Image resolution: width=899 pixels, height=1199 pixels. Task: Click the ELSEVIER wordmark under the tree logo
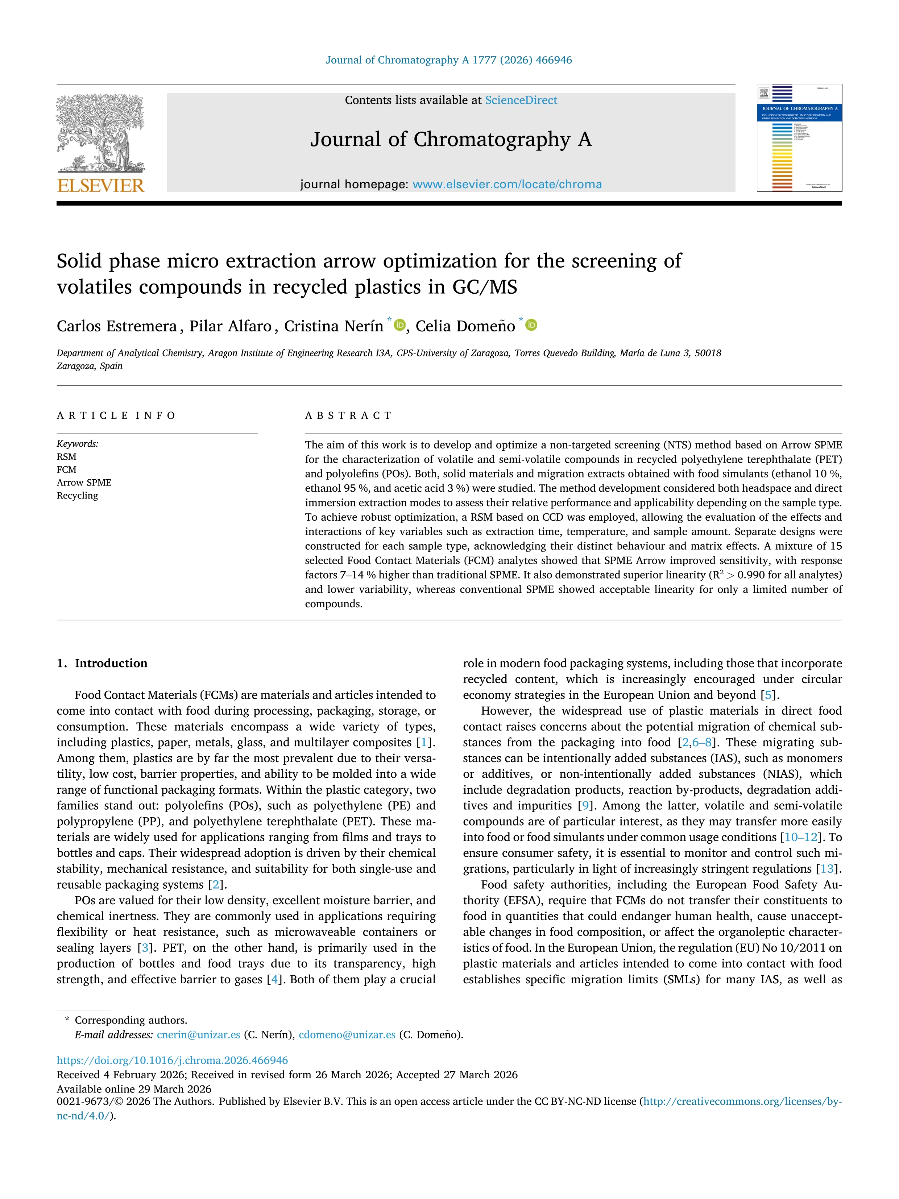tap(101, 186)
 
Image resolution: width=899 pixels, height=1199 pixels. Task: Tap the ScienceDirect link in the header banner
tap(521, 100)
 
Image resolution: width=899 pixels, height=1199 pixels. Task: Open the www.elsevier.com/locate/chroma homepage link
tap(507, 184)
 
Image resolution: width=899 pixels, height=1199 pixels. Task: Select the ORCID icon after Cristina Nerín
tap(400, 325)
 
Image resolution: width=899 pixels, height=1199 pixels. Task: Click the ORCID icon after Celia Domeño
tap(531, 325)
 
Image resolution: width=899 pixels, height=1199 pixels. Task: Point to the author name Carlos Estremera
tap(116, 326)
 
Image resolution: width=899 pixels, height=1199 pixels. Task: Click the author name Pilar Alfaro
tap(230, 326)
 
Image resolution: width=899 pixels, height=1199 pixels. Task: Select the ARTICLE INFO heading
tap(116, 416)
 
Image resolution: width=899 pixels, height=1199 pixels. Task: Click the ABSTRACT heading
tap(348, 416)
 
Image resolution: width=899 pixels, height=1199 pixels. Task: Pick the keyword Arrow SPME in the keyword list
tap(84, 483)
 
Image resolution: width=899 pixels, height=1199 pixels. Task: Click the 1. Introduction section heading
tap(102, 663)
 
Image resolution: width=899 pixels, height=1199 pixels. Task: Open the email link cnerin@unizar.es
tap(198, 1035)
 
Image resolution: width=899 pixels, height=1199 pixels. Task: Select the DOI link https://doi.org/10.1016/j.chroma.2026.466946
tap(172, 1060)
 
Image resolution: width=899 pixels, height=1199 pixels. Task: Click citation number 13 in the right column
tap(827, 869)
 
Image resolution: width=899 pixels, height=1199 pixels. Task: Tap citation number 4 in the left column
tap(274, 980)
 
